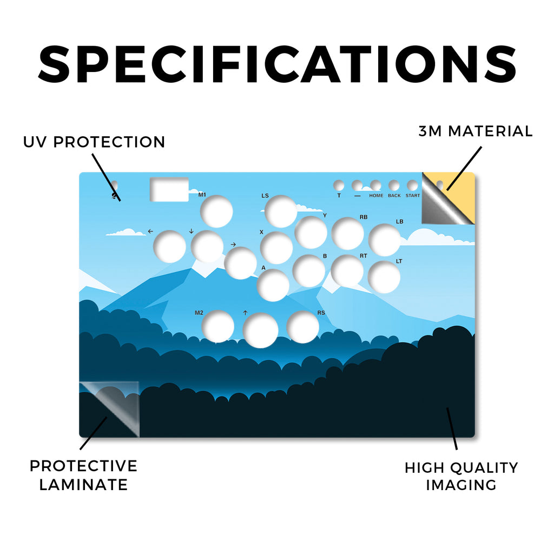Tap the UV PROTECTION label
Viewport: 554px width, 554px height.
click(94, 142)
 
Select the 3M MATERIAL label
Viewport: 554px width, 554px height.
click(476, 131)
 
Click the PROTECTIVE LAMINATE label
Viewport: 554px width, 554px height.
click(83, 475)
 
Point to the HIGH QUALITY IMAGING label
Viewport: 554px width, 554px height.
click(461, 476)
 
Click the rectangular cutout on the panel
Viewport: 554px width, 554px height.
click(169, 189)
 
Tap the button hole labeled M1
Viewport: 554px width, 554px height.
click(216, 212)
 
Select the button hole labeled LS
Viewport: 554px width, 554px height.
click(281, 212)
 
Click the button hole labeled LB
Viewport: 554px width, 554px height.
click(385, 240)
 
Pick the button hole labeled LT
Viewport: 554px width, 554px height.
click(384, 277)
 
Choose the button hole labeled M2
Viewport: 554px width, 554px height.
click(217, 326)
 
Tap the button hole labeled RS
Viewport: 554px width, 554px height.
click(303, 327)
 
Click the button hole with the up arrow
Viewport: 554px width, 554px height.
click(260, 331)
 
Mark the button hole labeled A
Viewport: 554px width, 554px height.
click(273, 285)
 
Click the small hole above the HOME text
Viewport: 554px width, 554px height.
click(375, 185)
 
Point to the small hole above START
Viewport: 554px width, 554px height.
click(412, 185)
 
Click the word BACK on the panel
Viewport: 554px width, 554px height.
click(394, 195)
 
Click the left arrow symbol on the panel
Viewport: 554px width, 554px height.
click(150, 231)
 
